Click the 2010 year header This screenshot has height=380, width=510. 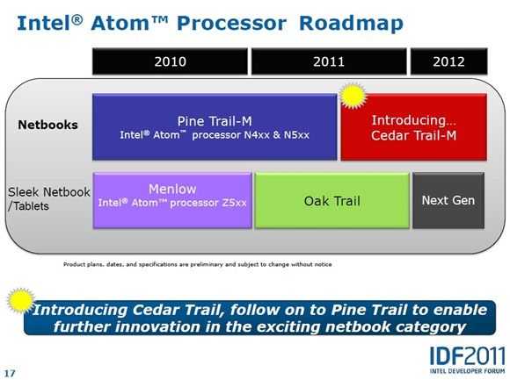point(170,61)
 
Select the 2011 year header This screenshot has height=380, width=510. point(329,61)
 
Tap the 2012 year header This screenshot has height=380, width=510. point(448,61)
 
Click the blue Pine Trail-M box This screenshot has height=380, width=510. point(215,127)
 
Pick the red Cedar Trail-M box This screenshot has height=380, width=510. point(414,127)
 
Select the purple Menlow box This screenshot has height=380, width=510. point(172,201)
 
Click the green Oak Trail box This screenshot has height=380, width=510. point(332,201)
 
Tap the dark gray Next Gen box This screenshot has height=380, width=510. point(448,201)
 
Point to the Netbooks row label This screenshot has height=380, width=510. point(47,125)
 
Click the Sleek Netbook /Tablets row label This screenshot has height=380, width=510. point(48,198)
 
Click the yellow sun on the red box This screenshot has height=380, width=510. point(353,96)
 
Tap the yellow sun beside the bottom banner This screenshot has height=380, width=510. point(20,300)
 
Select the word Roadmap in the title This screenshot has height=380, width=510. point(351,24)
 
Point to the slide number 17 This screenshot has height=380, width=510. point(10,373)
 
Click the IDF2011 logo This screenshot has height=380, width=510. point(467,356)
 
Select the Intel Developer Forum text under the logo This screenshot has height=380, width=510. point(467,371)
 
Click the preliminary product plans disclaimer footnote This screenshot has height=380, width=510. point(198,264)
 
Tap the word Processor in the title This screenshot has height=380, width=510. point(231,24)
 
